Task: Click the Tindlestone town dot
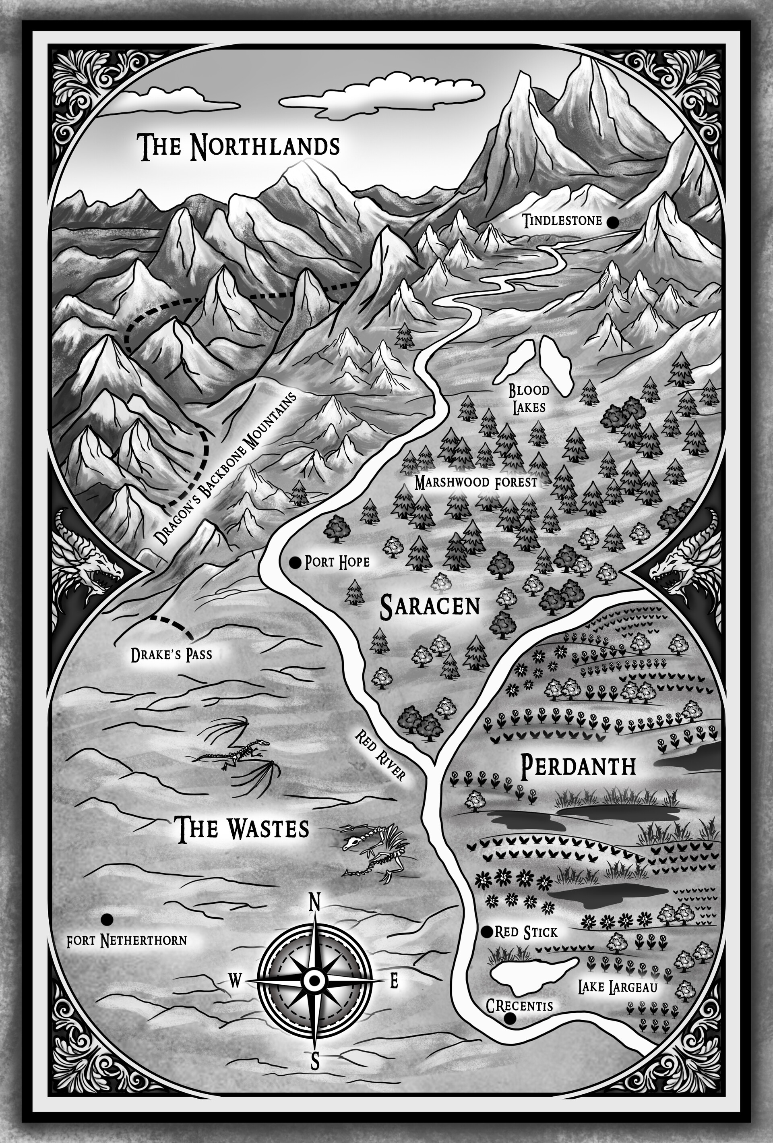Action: (x=613, y=222)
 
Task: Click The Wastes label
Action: (x=243, y=828)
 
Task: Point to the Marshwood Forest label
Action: (x=476, y=482)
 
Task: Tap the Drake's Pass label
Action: (x=171, y=654)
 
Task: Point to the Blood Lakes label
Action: (x=529, y=399)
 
